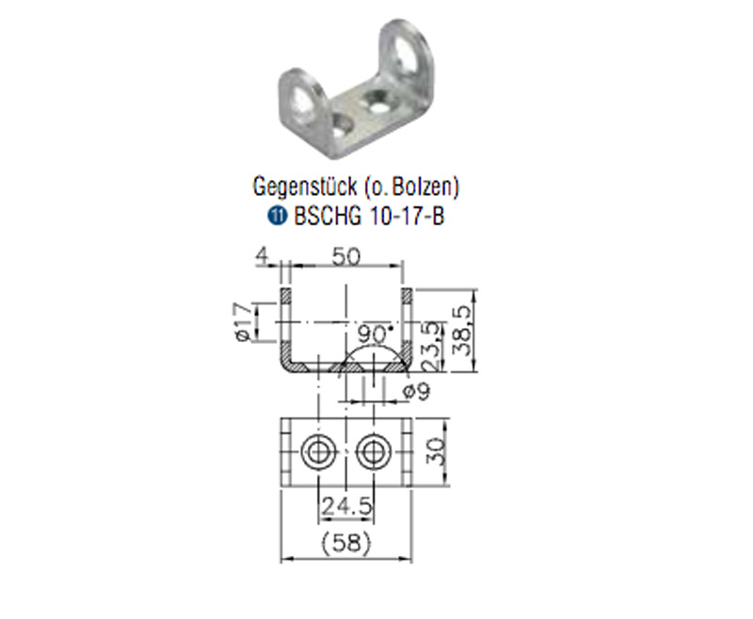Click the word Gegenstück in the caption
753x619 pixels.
pyautogui.click(x=305, y=187)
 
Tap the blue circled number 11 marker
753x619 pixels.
pyautogui.click(x=277, y=217)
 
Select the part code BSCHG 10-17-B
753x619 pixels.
pyautogui.click(x=369, y=217)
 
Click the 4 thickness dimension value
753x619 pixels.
pyautogui.click(x=263, y=255)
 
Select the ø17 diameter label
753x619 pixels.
pyautogui.click(x=245, y=321)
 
